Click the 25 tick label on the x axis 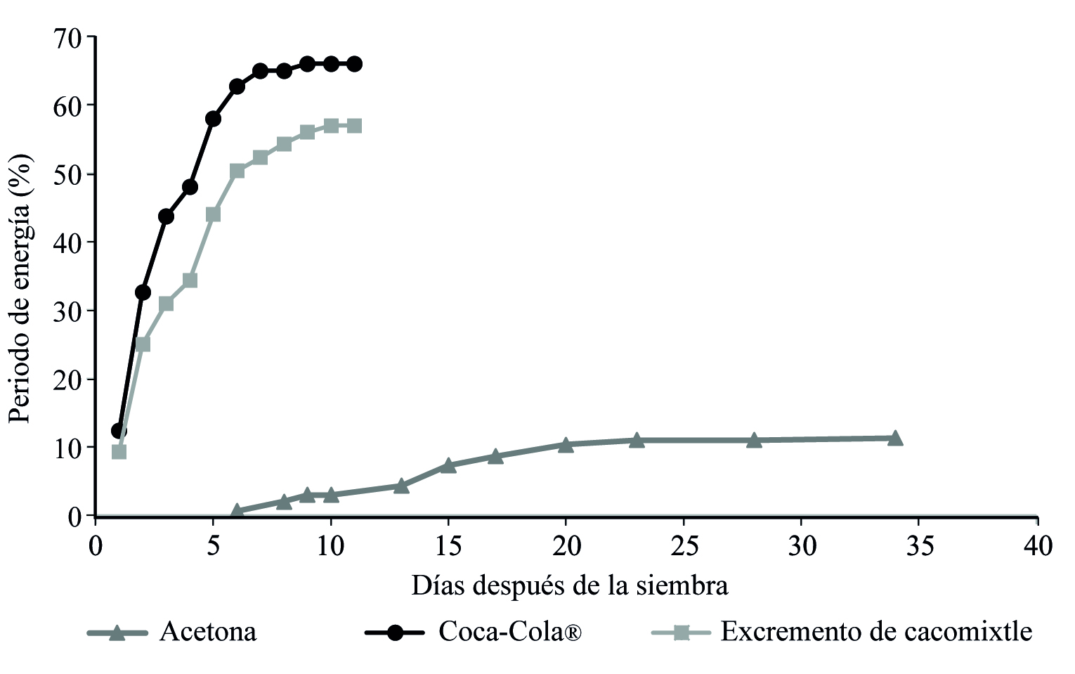[x=683, y=546]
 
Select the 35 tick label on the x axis [x=919, y=546]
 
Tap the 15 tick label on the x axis [x=448, y=546]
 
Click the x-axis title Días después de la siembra [x=569, y=585]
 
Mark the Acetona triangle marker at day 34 [x=895, y=438]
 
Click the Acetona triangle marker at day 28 [x=754, y=440]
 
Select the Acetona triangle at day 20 [x=566, y=444]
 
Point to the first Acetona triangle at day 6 [x=237, y=511]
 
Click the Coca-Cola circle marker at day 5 [x=213, y=118]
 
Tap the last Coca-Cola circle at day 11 [x=354, y=64]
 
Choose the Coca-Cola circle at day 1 [x=119, y=430]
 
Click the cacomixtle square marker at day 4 [x=190, y=280]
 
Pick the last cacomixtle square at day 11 [x=354, y=126]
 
